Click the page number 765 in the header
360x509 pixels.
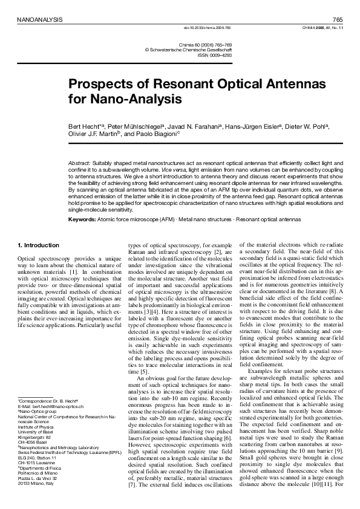point(338,19)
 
